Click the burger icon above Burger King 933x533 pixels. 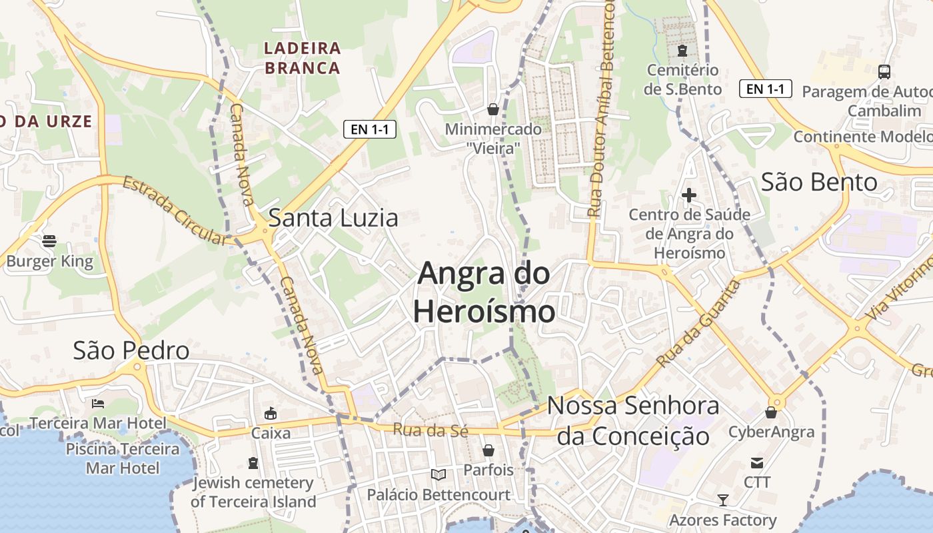click(x=49, y=241)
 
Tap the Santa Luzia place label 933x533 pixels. click(x=333, y=218)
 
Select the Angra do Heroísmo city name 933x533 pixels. click(x=484, y=292)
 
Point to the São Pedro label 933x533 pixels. click(x=131, y=350)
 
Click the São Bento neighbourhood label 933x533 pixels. click(x=819, y=182)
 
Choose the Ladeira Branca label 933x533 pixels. click(x=303, y=58)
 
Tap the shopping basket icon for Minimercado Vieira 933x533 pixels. click(x=493, y=109)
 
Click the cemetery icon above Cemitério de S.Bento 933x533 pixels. click(x=682, y=50)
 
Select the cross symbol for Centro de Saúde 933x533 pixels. click(x=689, y=195)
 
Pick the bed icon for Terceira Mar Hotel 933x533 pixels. click(x=97, y=404)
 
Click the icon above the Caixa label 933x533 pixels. click(x=271, y=414)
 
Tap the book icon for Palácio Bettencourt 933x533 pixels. click(x=438, y=474)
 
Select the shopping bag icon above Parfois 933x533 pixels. click(x=488, y=450)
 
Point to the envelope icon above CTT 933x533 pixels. click(x=757, y=463)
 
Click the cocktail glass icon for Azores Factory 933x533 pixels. click(x=723, y=500)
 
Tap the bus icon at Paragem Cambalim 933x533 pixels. click(x=884, y=72)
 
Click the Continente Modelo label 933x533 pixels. click(x=862, y=137)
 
